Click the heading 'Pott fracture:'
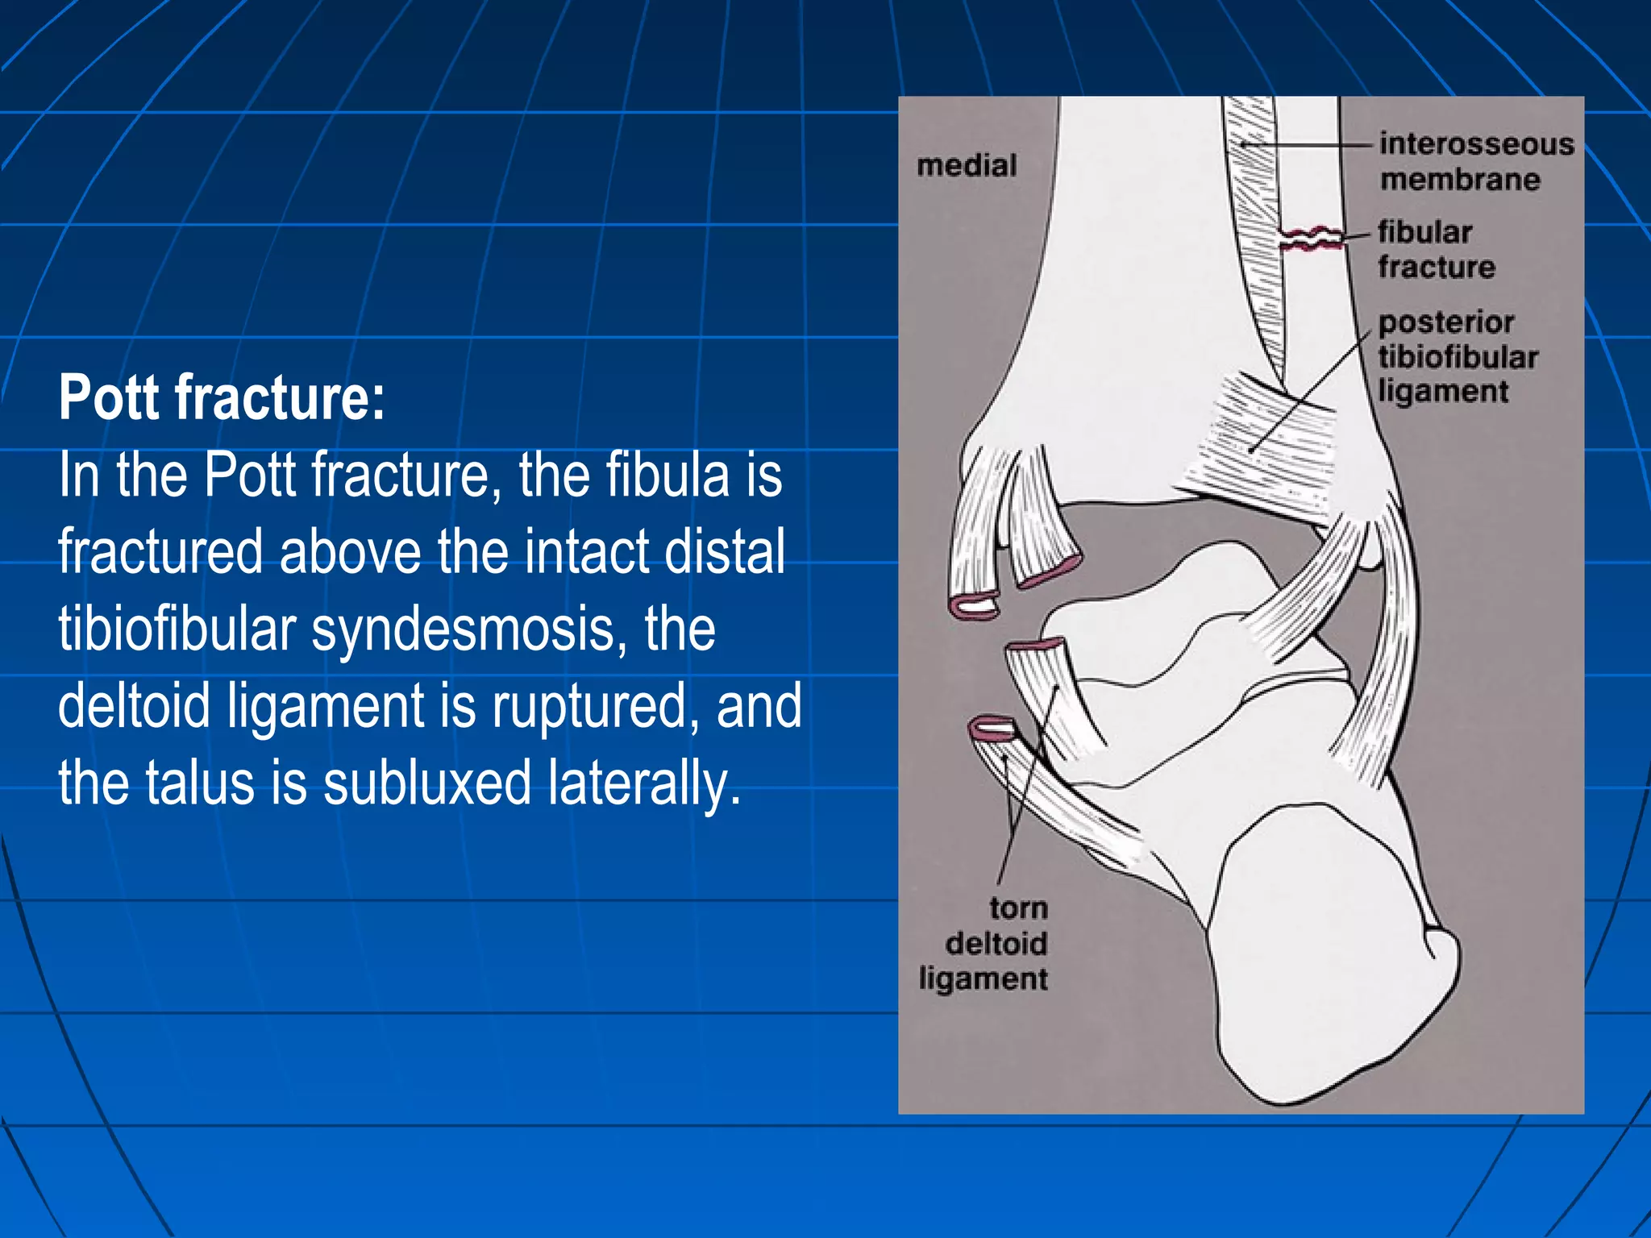(222, 397)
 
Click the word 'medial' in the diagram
(967, 166)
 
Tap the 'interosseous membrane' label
(1475, 161)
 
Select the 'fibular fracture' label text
(1435, 249)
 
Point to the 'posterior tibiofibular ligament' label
(1457, 357)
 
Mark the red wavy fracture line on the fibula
(1312, 239)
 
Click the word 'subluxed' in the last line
(427, 783)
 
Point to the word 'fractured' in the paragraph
(160, 552)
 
